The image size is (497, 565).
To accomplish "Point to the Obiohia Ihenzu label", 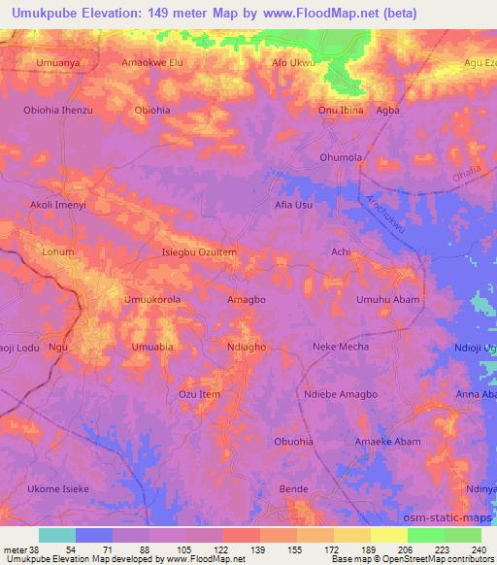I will (58, 110).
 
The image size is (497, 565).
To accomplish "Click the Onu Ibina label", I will (341, 110).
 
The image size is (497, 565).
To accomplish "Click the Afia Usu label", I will (293, 205).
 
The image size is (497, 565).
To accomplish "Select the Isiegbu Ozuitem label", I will (199, 252).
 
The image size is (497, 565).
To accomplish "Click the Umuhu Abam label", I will (388, 300).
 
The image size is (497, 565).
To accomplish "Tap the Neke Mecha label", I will (341, 347).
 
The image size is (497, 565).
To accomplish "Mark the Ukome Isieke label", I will (58, 489).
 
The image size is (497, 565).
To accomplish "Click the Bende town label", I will (293, 489).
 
